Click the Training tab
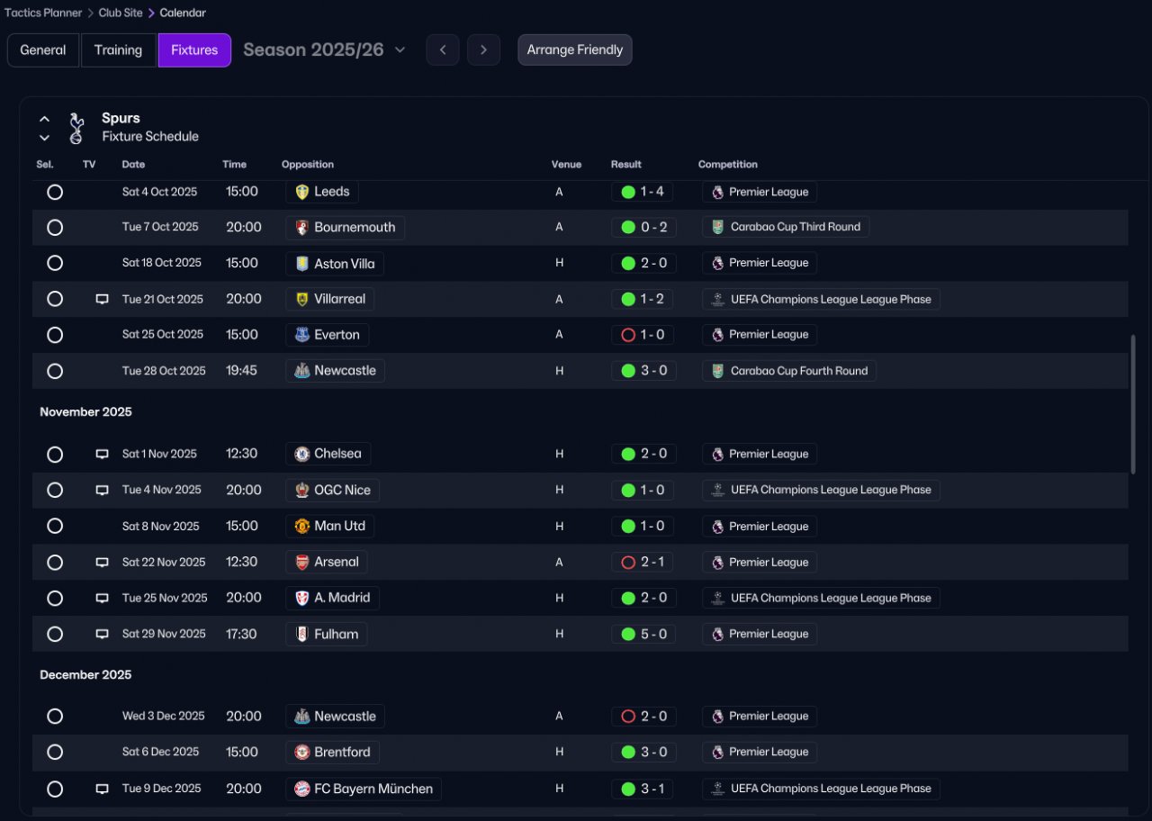point(118,50)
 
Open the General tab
point(43,50)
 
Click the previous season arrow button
point(443,50)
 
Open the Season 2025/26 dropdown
point(324,50)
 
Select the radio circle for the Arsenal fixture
point(55,563)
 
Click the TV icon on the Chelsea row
point(102,455)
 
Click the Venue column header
point(566,165)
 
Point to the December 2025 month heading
point(85,675)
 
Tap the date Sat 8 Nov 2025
point(160,527)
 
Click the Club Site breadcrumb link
point(121,14)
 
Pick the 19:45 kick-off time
point(242,371)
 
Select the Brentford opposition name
point(342,753)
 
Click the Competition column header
point(727,165)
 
